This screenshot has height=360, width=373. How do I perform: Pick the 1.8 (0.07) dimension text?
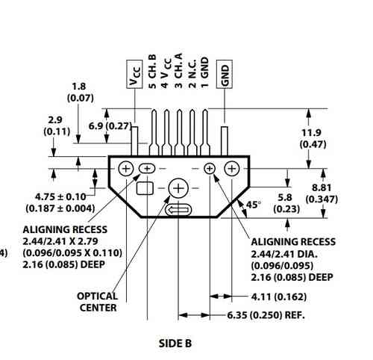coord(79,91)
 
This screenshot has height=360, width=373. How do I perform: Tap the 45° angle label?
coord(253,204)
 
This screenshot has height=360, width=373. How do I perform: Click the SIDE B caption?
coord(175,344)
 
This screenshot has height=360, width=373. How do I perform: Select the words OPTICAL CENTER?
coord(97,300)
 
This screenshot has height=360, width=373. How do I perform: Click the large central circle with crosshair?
coord(179,189)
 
